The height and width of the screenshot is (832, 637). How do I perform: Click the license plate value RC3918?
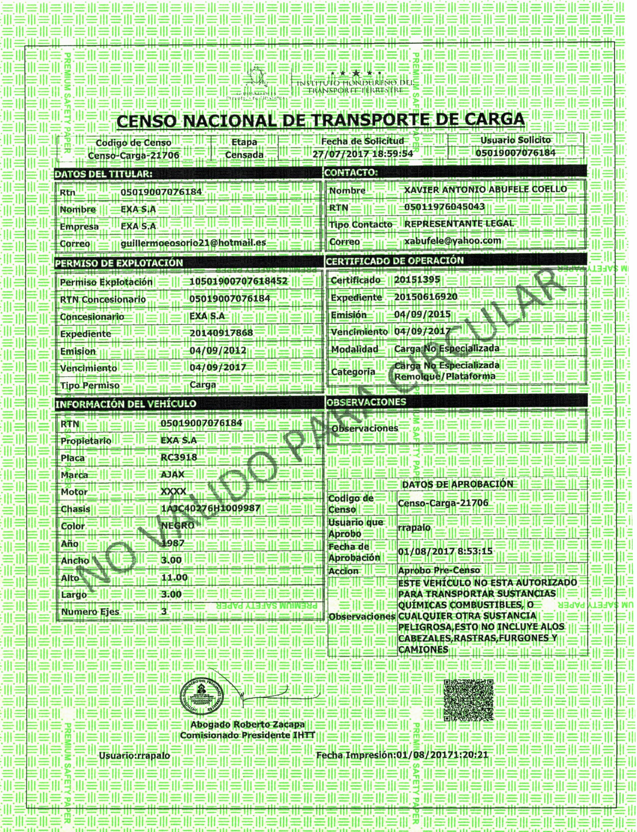coord(179,457)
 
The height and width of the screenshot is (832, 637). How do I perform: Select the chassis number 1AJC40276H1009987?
coord(211,508)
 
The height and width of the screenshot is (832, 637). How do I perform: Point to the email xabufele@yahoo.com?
coord(452,241)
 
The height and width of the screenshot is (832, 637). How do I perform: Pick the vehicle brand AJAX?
coord(173,474)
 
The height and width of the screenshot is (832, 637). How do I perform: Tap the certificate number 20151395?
coord(417,280)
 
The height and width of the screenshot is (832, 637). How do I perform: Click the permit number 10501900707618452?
coord(238,281)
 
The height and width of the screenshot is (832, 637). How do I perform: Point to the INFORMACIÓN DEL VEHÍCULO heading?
coord(126,404)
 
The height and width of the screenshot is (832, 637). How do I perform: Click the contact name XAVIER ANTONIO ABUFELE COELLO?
coord(485,190)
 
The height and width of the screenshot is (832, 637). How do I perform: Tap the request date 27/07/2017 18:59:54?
coord(362,154)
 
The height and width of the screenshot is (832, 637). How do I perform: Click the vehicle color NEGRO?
coord(177,525)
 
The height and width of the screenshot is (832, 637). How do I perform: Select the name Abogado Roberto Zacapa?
coord(247,724)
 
